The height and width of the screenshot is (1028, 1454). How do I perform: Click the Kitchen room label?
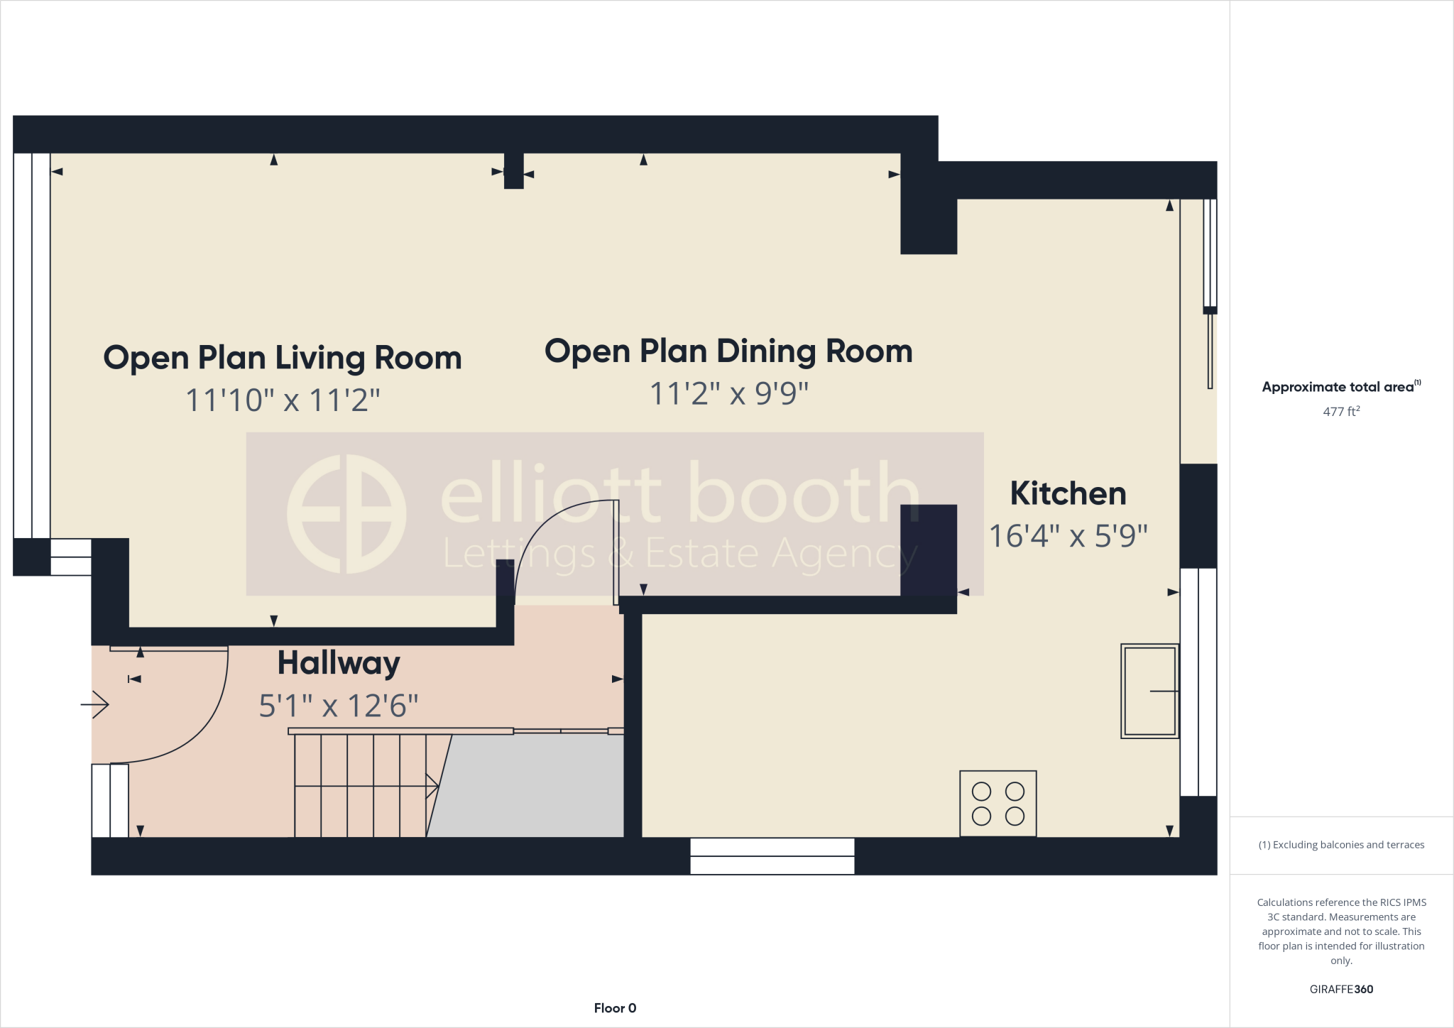1068,494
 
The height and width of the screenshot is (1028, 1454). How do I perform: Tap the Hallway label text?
339,663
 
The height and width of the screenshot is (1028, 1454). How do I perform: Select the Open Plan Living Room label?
283,358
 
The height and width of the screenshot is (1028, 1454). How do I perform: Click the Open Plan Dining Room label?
728,351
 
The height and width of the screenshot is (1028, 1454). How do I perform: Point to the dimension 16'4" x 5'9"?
1068,536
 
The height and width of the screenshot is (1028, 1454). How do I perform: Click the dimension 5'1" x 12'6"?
339,706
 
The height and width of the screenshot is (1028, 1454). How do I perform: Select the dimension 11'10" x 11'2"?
283,400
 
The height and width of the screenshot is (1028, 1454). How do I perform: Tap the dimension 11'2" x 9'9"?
728,393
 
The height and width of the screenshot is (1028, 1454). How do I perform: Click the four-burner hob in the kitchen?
997,803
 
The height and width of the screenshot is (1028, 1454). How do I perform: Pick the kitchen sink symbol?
1149,691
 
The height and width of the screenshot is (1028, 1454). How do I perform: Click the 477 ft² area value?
1341,412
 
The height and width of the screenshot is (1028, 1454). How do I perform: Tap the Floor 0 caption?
615,1008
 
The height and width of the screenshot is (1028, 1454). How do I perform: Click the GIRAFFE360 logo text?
1341,989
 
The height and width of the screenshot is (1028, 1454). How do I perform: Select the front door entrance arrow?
95,704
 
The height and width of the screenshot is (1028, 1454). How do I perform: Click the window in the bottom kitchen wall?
772,856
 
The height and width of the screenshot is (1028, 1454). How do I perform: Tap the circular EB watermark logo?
346,514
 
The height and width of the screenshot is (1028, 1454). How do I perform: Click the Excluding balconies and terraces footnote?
1341,845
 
